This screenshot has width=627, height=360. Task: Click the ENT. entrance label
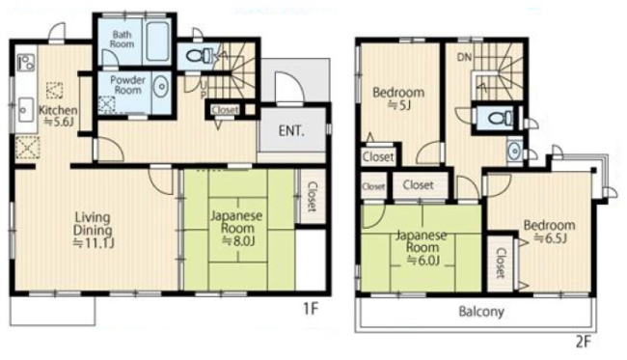(291, 131)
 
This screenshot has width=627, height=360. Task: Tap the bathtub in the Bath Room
(157, 42)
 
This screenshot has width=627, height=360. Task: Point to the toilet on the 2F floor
(500, 118)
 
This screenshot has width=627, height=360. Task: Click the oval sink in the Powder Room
(162, 87)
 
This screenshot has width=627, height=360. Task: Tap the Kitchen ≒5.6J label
(58, 116)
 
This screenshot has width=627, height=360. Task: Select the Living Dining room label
(93, 230)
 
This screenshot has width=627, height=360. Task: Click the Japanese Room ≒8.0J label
(236, 228)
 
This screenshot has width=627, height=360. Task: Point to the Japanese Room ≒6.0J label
(422, 248)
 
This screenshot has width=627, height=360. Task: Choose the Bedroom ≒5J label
(398, 98)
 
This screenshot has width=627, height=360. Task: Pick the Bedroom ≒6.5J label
(550, 231)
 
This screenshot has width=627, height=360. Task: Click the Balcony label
(481, 311)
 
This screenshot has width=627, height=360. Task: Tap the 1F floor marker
(310, 309)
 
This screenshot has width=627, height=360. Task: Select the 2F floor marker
(583, 342)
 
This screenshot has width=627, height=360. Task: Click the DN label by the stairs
(464, 57)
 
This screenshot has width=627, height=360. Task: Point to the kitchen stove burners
(26, 63)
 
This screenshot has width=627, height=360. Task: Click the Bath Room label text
(122, 40)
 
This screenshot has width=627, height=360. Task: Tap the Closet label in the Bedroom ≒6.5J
(501, 263)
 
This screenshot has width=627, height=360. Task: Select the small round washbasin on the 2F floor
(513, 152)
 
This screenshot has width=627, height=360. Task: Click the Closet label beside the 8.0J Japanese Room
(312, 197)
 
